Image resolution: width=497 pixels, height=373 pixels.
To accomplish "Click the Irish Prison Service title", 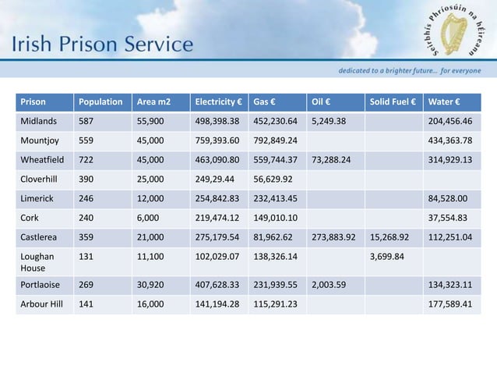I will pyautogui.click(x=101, y=44).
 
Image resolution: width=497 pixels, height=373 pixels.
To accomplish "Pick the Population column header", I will pyautogui.click(x=100, y=102).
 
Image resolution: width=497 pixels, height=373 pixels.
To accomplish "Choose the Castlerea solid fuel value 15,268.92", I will pyautogui.click(x=392, y=236).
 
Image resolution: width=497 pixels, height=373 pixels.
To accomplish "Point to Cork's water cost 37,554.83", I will pyautogui.click(x=449, y=217).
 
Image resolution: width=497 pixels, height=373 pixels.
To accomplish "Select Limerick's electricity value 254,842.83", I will pyautogui.click(x=220, y=198).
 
